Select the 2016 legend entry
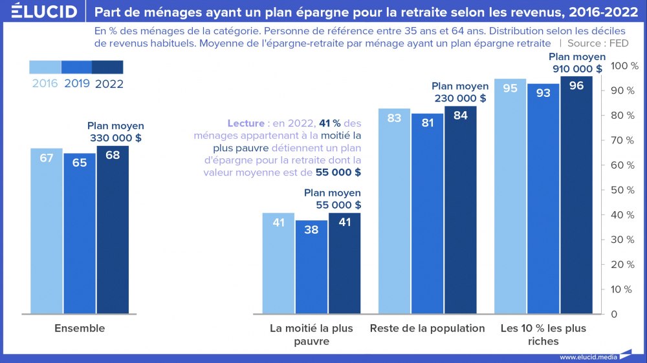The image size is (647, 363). tap(45, 83)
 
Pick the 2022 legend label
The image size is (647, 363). tap(109, 83)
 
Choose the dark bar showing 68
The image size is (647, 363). tap(113, 229)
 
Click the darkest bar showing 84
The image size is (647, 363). tap(461, 209)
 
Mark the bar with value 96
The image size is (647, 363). tap(576, 194)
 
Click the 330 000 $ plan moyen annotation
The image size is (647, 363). tap(116, 132)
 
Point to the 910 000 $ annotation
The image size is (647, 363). tap(577, 63)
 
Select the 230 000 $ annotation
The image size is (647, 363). tap(459, 92)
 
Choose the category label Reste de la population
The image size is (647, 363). tap(427, 328)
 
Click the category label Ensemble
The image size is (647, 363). tap(80, 328)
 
